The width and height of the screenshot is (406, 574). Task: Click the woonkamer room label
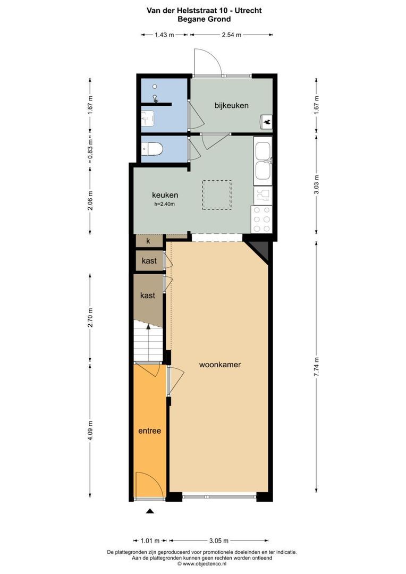[x=220, y=365]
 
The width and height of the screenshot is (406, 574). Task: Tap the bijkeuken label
[x=232, y=105]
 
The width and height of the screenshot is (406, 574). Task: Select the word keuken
[x=165, y=195]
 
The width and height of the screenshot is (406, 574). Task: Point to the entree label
[x=150, y=430]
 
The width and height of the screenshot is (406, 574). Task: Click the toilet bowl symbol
[x=153, y=149]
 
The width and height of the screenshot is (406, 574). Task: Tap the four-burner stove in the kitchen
[x=261, y=218]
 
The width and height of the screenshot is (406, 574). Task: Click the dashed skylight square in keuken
[x=216, y=195]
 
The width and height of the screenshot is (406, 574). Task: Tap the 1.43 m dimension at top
[x=164, y=35]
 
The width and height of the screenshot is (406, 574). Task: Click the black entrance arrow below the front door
[x=150, y=511]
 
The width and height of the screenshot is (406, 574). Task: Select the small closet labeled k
[x=148, y=241]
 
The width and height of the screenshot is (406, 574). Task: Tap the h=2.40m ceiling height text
[x=164, y=204]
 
